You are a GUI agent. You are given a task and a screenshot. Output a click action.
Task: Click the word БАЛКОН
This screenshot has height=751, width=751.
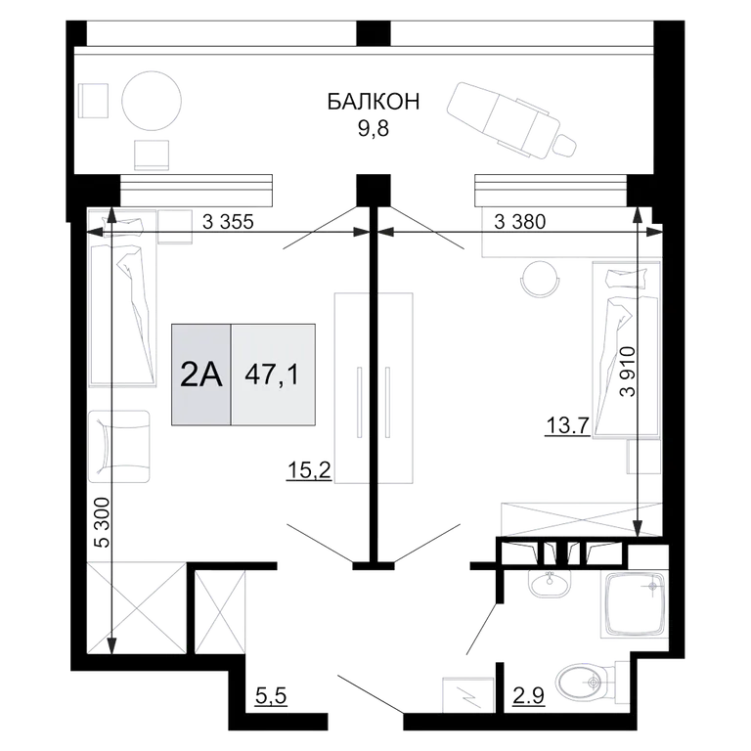coord(374,102)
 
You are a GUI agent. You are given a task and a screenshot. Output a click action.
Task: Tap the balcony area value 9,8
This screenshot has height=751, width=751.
coord(374,129)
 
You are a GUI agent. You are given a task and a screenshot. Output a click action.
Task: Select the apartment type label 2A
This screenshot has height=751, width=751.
coord(201,375)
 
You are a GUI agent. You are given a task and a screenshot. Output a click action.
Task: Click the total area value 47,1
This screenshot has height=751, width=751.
coord(272,375)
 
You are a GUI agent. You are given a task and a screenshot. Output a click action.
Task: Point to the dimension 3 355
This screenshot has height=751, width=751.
coord(228,222)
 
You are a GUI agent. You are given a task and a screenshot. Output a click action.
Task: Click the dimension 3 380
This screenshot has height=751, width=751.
coord(519,222)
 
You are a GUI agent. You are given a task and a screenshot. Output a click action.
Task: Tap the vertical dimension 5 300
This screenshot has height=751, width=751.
coord(102,522)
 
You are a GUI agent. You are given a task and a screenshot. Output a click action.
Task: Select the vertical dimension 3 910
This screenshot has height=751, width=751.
coord(627,372)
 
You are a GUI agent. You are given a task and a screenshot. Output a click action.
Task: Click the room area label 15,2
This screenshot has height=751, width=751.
coord(309,470)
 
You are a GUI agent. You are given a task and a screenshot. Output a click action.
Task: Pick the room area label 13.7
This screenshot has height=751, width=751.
coord(567,424)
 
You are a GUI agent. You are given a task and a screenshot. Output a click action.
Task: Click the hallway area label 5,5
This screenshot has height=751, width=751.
coord(271,695)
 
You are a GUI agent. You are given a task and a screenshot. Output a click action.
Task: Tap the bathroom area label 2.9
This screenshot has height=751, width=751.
coord(528,695)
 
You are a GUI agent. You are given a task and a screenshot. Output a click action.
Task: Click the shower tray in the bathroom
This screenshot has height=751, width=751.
coord(635,604)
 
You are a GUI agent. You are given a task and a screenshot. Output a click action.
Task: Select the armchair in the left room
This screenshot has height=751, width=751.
coord(118,446)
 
